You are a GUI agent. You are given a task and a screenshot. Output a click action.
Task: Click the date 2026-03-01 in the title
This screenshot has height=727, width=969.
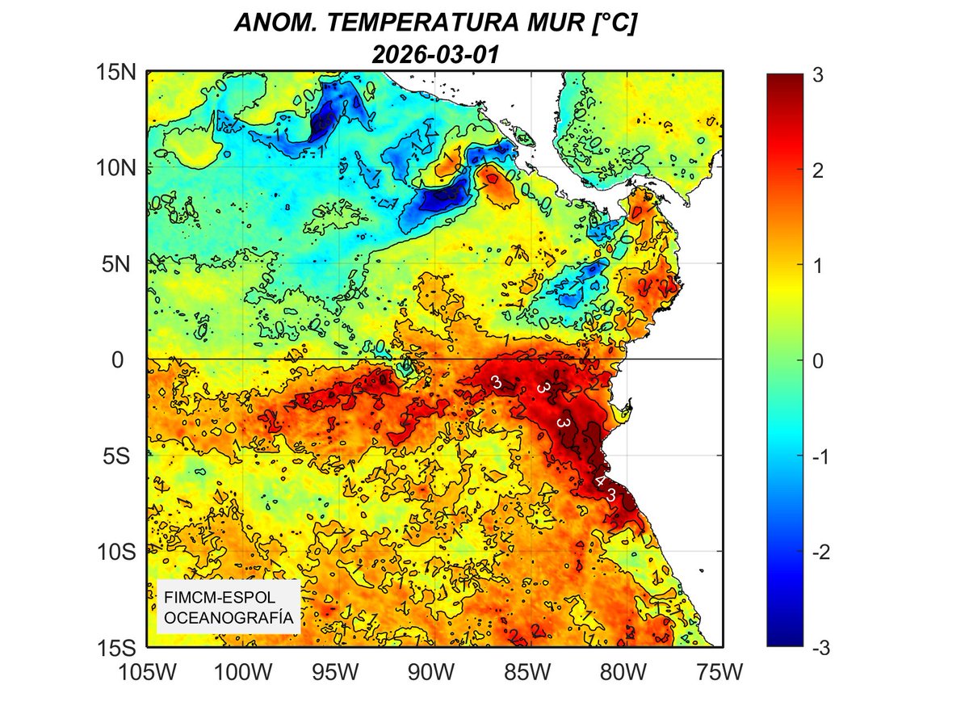(435, 54)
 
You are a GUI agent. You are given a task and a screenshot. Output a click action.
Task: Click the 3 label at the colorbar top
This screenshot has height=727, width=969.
(820, 74)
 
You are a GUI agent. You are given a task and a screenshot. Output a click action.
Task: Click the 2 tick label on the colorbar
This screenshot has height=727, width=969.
(820, 170)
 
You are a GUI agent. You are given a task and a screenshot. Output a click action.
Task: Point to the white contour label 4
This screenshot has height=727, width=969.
(600, 481)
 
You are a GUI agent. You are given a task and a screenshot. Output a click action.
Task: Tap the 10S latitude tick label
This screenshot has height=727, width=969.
(113, 551)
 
